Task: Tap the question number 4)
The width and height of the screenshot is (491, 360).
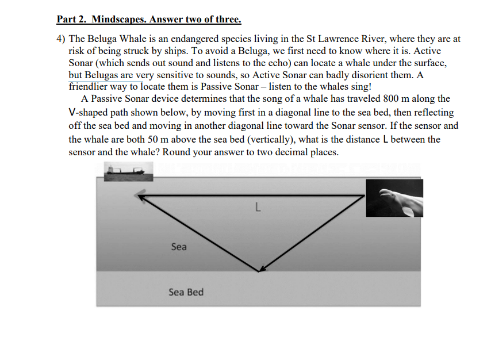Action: pyautogui.click(x=62, y=39)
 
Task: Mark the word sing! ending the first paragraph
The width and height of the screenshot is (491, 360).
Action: pyautogui.click(x=360, y=87)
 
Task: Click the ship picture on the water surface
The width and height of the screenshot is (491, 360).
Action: pyautogui.click(x=128, y=169)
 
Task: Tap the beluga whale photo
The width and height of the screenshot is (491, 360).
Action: pyautogui.click(x=395, y=198)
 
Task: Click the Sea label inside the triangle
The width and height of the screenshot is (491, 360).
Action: pyautogui.click(x=179, y=247)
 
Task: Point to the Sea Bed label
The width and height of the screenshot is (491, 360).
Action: pyautogui.click(x=186, y=292)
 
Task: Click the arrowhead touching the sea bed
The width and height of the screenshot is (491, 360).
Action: pyautogui.click(x=262, y=268)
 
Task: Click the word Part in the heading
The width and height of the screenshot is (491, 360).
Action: pyautogui.click(x=67, y=20)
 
